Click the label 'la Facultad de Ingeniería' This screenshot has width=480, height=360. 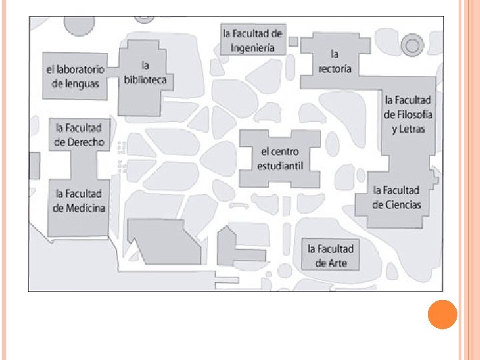coord(253,40)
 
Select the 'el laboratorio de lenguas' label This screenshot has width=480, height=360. coord(75,76)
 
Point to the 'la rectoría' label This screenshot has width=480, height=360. coord(335,61)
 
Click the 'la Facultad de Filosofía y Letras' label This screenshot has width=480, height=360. coord(408,114)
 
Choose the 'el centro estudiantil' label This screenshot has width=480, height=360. coord(280,158)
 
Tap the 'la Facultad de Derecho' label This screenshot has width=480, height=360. coord(79,134)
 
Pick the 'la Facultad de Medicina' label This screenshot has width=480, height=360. coord(79,201)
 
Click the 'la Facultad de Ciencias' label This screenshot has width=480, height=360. coord(397,197)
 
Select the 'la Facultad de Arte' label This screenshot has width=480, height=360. coord(331,255)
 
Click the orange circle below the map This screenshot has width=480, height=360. coord(442,314)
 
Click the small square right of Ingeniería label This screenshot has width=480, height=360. coord(293,41)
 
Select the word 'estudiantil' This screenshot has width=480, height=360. coord(280,165)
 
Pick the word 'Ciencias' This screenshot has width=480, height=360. coord(404,205)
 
